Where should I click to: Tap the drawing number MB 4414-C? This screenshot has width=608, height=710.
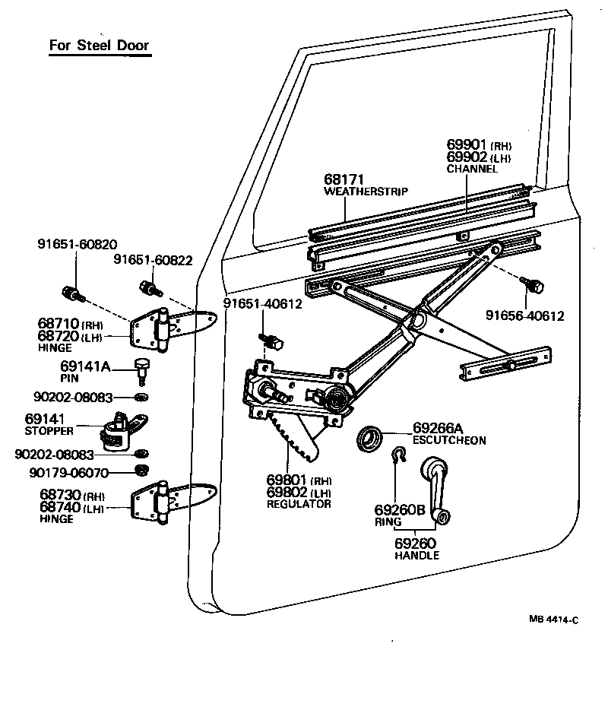[554, 620]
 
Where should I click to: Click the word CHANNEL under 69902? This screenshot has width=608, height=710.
[472, 168]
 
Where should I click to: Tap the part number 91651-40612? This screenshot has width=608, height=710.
[262, 304]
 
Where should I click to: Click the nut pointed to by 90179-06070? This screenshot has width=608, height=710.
[141, 472]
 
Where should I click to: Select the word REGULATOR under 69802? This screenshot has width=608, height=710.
[299, 504]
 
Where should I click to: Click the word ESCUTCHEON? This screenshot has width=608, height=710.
[449, 440]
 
